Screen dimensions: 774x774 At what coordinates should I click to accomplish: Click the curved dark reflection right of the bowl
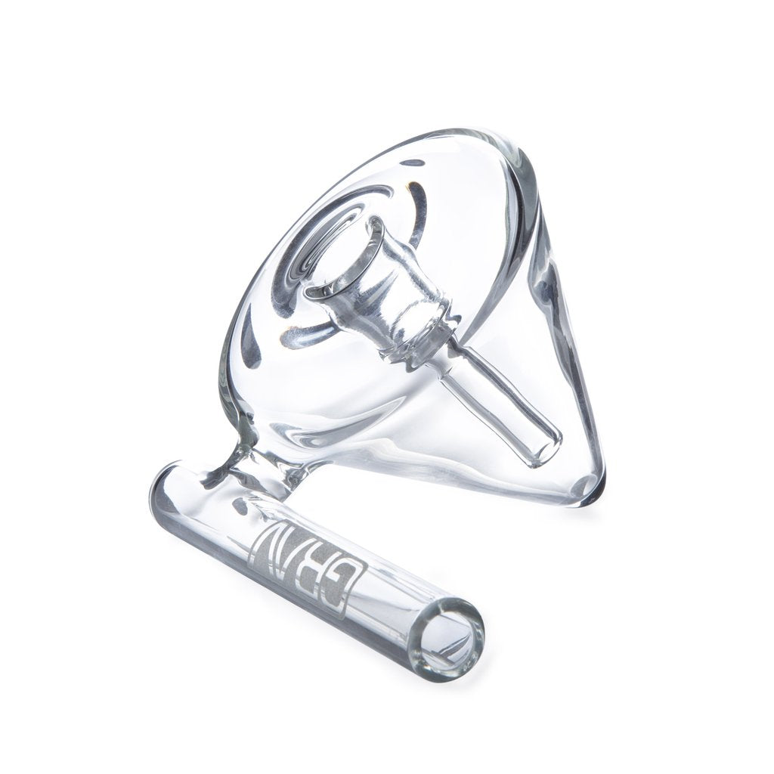[412, 219]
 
